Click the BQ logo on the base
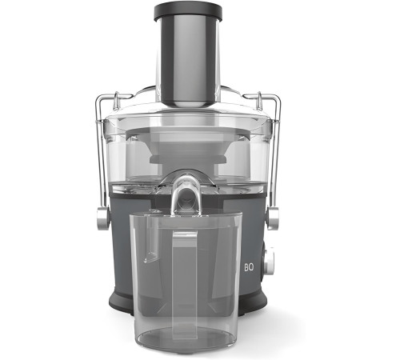pos(249,267)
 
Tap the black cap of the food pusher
pos(188,11)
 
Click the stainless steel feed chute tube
pos(188,58)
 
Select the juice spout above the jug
pos(186,194)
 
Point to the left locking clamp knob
pos(102,218)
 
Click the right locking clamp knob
pos(273,218)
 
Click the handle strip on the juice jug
pos(185,282)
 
